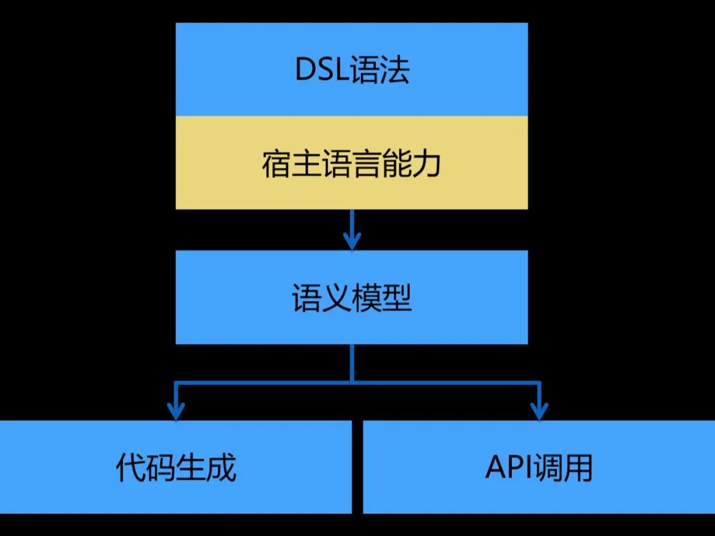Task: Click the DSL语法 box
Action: [352, 69]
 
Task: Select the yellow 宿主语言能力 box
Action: [352, 163]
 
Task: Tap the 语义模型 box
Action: [352, 297]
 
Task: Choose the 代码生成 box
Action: [175, 467]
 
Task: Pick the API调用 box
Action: [539, 467]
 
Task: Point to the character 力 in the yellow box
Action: [427, 163]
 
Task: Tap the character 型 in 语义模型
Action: [397, 298]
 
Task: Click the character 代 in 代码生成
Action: [130, 468]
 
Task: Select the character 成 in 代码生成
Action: [222, 468]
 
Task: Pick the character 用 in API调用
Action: [578, 468]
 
